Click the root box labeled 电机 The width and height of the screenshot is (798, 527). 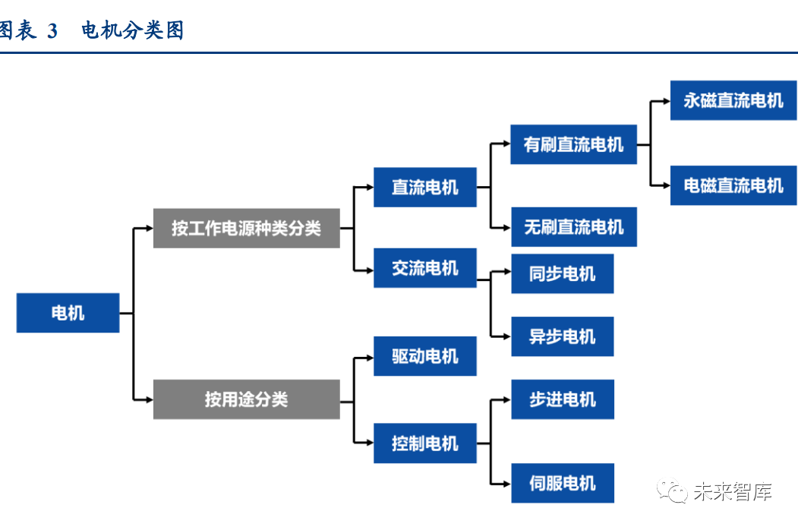[x=68, y=312]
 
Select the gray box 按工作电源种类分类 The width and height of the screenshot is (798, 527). [x=246, y=228]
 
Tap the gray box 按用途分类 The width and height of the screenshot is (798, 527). [x=246, y=399]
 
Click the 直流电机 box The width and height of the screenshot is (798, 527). [x=424, y=187]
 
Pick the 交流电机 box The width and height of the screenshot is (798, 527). [x=424, y=268]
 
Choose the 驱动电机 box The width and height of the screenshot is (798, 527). [x=424, y=356]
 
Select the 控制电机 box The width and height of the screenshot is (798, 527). [x=424, y=443]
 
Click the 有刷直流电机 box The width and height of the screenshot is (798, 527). [x=573, y=144]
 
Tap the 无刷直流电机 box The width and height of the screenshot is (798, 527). [x=573, y=226]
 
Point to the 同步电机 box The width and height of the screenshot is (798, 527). [x=562, y=274]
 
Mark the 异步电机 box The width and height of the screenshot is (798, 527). [x=562, y=336]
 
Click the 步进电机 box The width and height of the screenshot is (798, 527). [x=562, y=399]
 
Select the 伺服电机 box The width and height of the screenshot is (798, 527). [x=562, y=483]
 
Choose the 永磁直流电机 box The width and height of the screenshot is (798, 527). [x=733, y=100]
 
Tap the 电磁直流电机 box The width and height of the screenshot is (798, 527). [x=733, y=185]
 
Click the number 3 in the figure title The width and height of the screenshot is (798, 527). [x=52, y=31]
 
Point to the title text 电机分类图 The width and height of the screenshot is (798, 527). [x=133, y=31]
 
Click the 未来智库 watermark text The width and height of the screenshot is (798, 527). [x=732, y=492]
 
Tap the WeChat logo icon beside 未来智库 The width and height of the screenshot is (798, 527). [x=673, y=491]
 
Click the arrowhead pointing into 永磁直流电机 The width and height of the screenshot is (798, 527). [x=665, y=100]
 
